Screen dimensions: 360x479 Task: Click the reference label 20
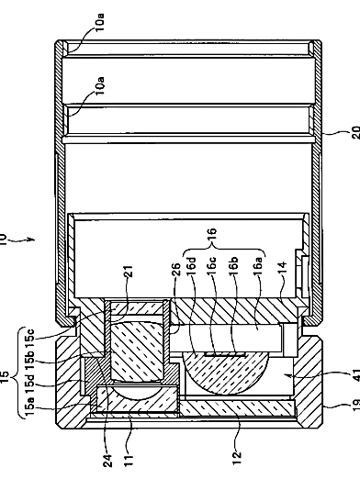pos(355,132)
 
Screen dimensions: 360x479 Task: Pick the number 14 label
pos(282,267)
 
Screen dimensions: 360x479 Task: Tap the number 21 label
pos(129,271)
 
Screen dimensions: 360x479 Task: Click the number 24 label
pos(107,461)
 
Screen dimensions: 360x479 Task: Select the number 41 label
pos(355,375)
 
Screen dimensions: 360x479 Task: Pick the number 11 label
pos(129,461)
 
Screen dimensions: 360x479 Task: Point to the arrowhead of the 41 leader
pos(286,374)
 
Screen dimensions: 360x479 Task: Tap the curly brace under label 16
pos(224,250)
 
